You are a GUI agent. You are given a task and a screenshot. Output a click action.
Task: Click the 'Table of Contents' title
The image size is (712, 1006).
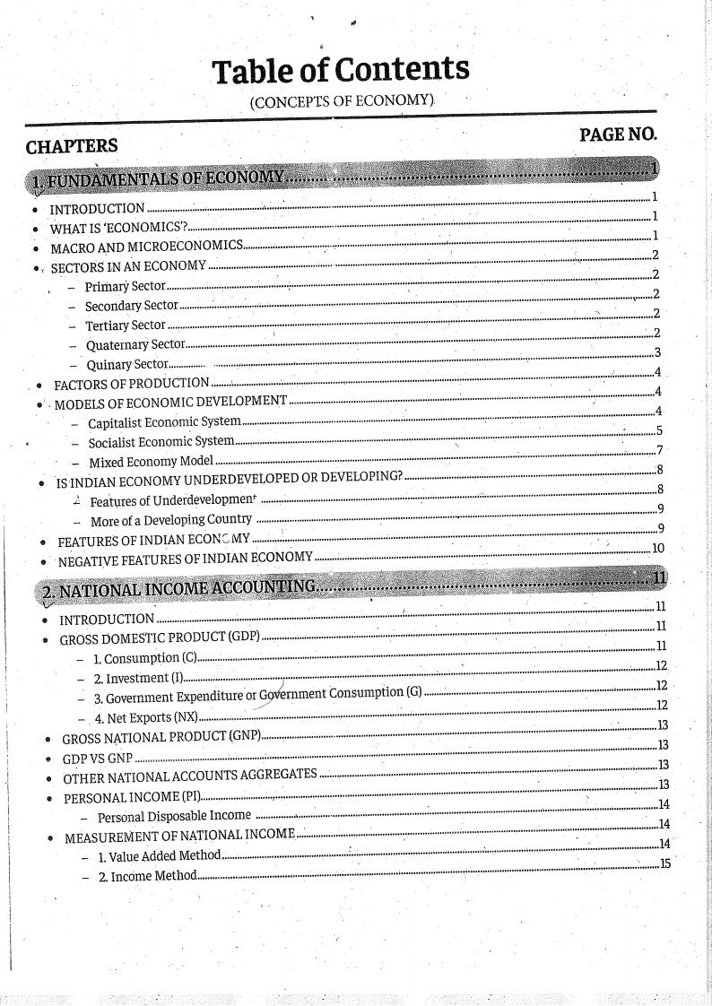(340, 69)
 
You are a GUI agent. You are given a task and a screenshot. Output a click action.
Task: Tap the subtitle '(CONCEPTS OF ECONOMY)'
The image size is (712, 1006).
(342, 101)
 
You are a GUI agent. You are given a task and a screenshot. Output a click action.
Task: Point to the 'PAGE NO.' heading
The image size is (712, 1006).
(618, 134)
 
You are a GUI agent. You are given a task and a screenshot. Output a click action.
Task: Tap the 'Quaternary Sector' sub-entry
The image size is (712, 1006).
(135, 344)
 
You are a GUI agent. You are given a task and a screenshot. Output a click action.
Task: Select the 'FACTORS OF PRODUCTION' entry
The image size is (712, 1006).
(131, 384)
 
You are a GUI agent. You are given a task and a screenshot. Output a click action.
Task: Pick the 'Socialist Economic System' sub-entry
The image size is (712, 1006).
(161, 442)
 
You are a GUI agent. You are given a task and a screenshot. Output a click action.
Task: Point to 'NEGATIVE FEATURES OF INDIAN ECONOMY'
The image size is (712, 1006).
(185, 559)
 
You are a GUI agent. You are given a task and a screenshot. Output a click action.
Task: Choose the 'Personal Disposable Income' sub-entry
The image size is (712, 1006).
(174, 817)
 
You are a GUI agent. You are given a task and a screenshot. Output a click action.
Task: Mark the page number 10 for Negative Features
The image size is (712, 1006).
(658, 549)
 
